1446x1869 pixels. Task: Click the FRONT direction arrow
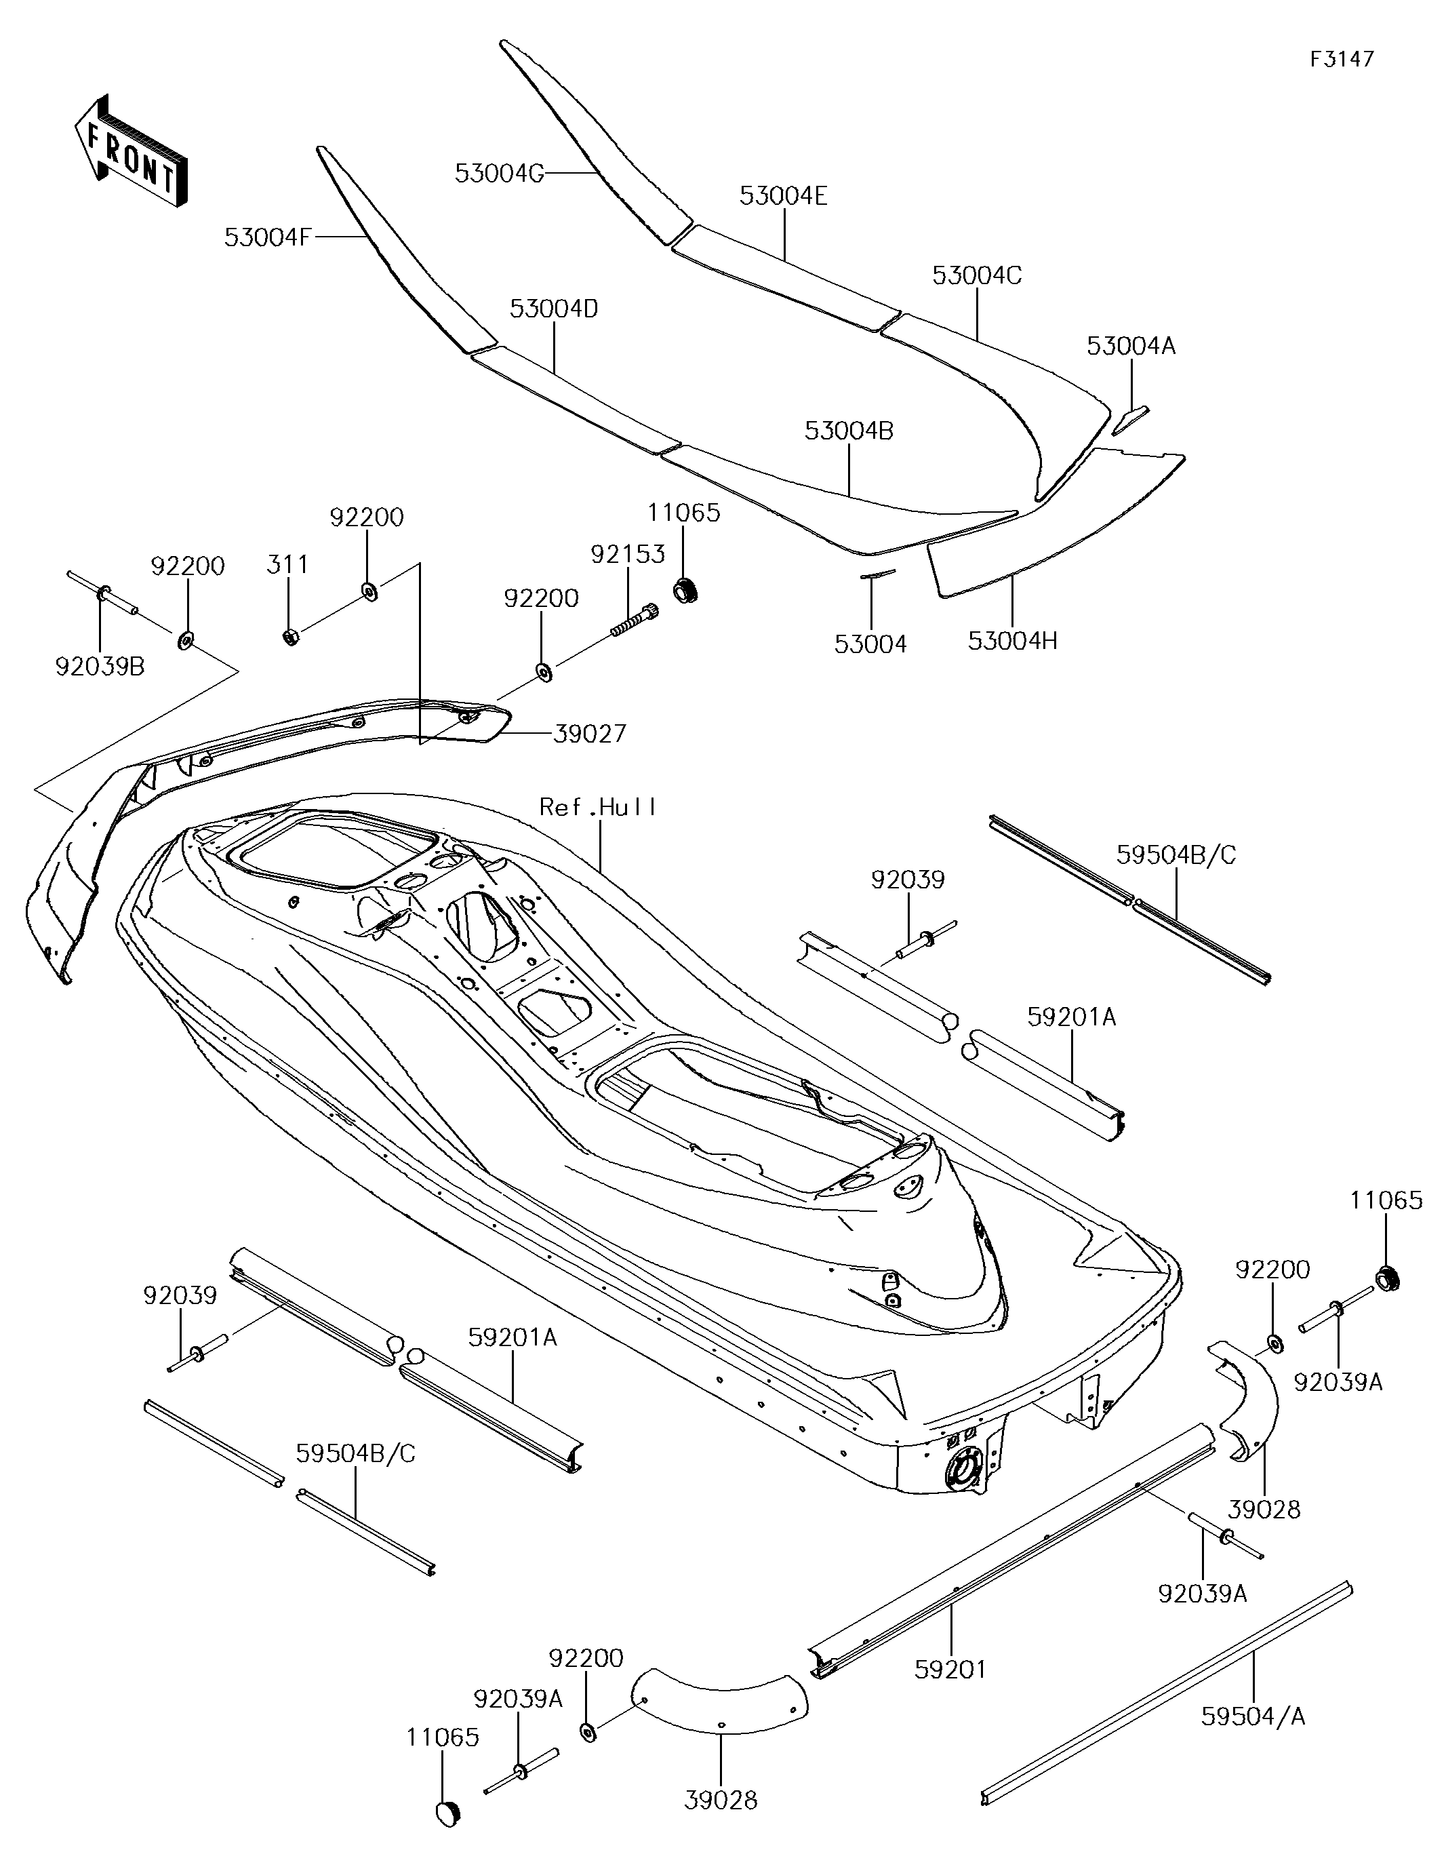[131, 151]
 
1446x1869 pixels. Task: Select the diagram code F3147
[1342, 59]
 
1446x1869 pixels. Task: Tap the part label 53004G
[500, 174]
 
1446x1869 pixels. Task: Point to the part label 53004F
[268, 237]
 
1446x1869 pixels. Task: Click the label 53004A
[1131, 346]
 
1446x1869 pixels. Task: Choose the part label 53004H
[1012, 640]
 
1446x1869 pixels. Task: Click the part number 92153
[627, 555]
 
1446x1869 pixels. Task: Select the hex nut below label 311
[290, 637]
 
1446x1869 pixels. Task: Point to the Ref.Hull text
[598, 807]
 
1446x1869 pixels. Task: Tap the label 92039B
[100, 666]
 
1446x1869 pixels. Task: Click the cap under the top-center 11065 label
[685, 589]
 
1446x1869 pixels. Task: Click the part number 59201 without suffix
[950, 1669]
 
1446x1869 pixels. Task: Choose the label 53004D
[554, 309]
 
